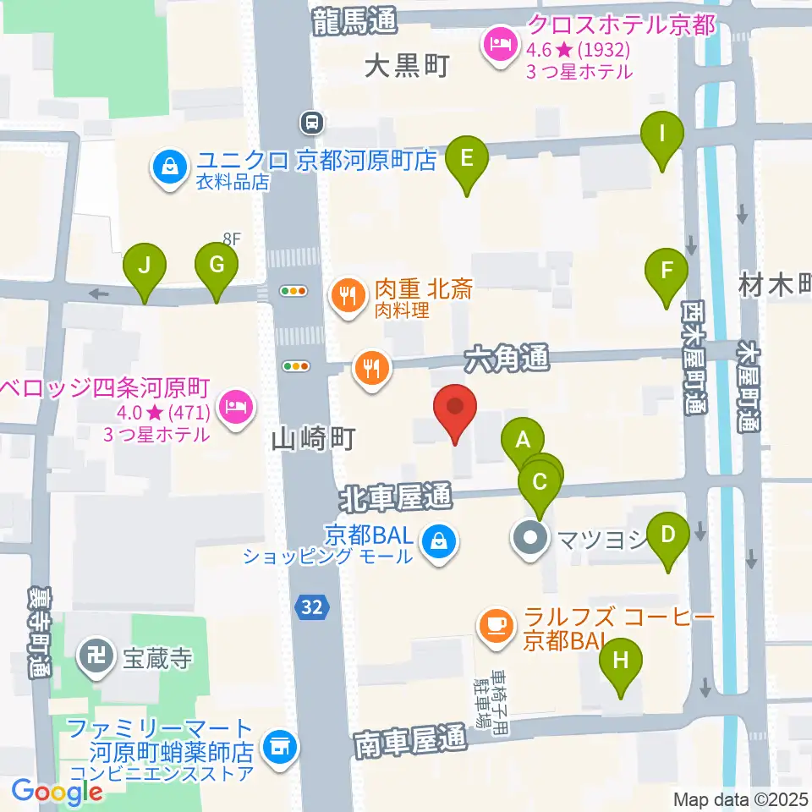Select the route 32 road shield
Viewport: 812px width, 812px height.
click(310, 606)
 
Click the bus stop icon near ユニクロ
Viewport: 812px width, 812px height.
click(312, 123)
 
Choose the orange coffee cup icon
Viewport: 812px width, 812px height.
click(495, 626)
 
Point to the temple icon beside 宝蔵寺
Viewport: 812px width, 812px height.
click(94, 654)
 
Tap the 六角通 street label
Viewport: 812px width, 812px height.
click(506, 358)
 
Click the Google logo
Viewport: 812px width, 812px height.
click(57, 791)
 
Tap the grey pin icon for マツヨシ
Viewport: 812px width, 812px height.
click(530, 537)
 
